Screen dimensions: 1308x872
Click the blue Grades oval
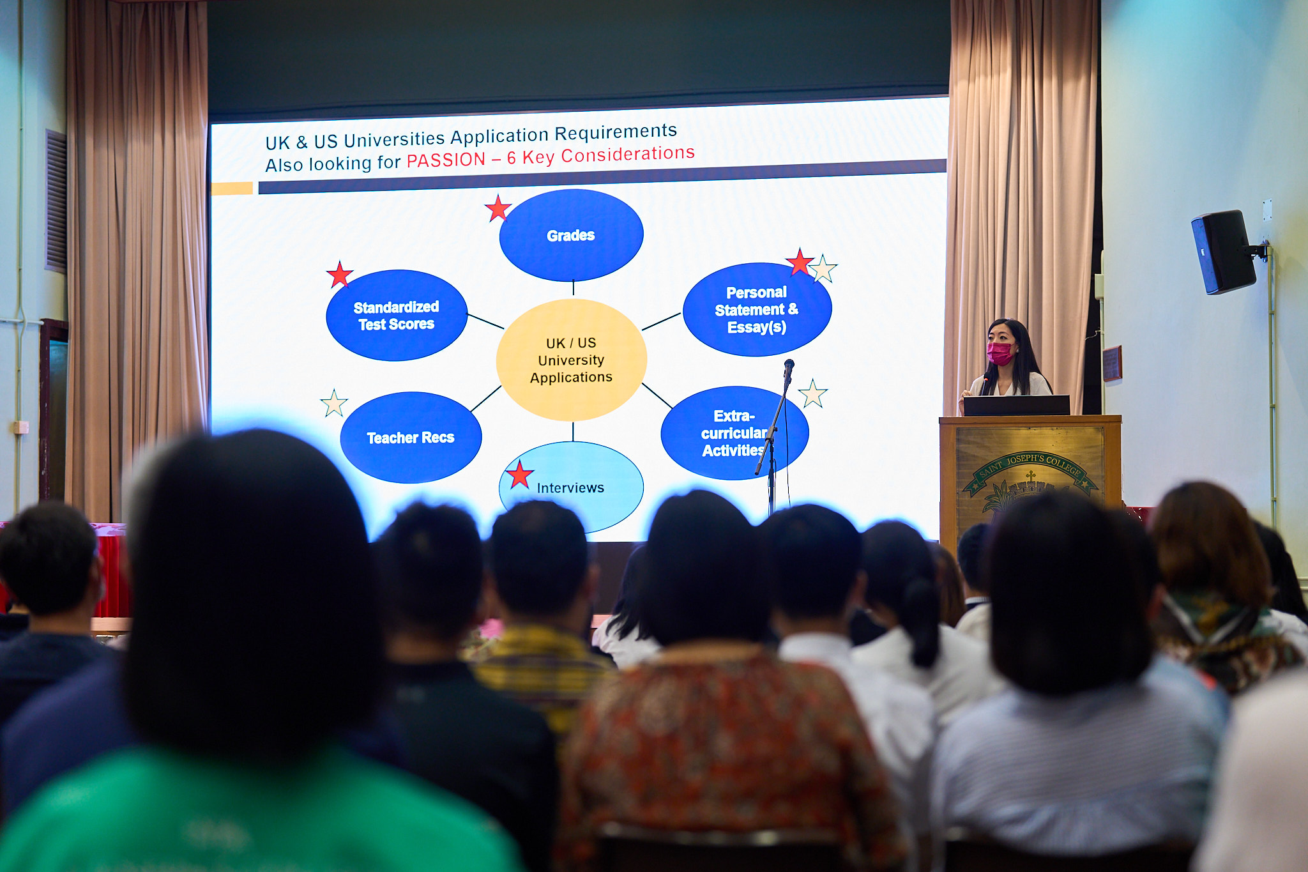coord(571,235)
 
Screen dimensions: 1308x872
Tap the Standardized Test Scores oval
coord(397,316)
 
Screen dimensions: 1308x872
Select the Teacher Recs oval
coord(411,438)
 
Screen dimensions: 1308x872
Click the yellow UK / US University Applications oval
coord(572,360)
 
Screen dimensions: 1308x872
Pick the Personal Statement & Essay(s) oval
coord(757,309)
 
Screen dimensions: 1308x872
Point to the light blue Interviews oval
coord(571,487)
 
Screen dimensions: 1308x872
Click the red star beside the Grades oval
coord(498,208)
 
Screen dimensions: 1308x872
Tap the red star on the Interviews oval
coord(519,475)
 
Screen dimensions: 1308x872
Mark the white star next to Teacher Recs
coord(334,403)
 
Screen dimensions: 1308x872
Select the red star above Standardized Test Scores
coord(340,275)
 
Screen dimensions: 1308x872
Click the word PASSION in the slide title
coord(446,160)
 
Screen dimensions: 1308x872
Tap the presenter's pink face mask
coord(1000,353)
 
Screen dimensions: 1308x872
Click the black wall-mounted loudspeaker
coord(1224,252)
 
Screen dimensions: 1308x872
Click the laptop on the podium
coord(1016,405)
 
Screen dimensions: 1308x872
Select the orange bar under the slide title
coord(232,188)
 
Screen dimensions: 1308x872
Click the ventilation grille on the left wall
coord(56,201)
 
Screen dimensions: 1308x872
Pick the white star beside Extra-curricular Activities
coord(812,394)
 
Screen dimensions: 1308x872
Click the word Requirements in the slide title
coord(616,133)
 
